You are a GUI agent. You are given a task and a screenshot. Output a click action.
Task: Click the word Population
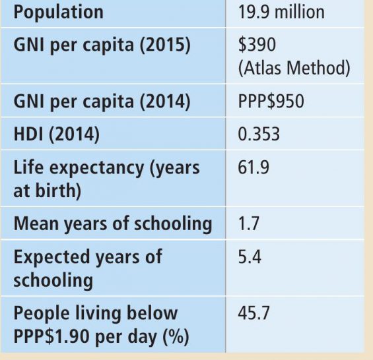(x=59, y=12)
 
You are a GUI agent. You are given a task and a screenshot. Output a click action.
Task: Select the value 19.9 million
(x=281, y=12)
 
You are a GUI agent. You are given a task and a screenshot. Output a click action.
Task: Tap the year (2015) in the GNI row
(x=165, y=45)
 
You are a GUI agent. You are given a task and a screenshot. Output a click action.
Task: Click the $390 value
(x=257, y=44)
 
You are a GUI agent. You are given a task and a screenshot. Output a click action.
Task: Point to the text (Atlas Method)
(x=294, y=68)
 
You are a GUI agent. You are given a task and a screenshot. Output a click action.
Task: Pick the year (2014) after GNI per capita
(x=165, y=102)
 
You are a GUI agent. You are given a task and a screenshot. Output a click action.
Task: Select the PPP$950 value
(x=271, y=102)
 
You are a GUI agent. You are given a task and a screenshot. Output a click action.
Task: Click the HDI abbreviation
(x=28, y=135)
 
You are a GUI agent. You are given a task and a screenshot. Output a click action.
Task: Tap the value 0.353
(x=259, y=135)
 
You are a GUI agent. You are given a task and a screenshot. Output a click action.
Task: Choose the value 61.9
(x=254, y=167)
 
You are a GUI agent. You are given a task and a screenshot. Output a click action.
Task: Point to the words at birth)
(x=48, y=191)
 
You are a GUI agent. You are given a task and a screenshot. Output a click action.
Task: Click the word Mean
(x=36, y=224)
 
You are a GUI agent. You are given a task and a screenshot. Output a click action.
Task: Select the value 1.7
(x=248, y=224)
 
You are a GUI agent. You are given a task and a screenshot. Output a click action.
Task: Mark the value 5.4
(x=250, y=256)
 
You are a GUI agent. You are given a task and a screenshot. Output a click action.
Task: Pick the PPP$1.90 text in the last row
(x=52, y=336)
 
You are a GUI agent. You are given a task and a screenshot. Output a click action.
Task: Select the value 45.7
(x=254, y=313)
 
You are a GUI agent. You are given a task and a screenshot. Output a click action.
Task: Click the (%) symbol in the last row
(x=176, y=337)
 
